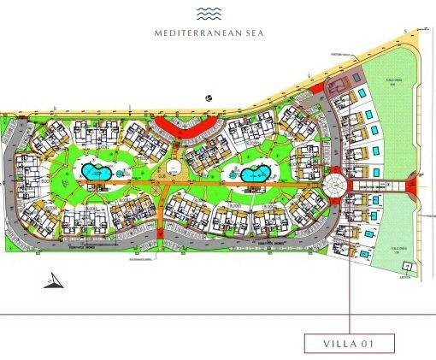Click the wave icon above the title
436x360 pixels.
[x=209, y=13]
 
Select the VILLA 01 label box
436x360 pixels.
[x=351, y=343]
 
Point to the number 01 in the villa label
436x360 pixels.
[x=370, y=343]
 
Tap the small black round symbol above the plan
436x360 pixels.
[x=209, y=100]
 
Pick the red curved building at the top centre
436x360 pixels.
[x=183, y=126]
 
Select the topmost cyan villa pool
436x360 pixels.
[x=363, y=92]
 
